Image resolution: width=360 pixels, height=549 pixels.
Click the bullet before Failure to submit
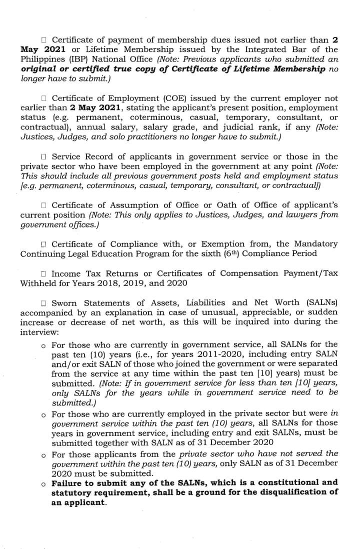[44, 483]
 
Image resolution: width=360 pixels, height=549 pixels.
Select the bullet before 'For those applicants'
[44, 454]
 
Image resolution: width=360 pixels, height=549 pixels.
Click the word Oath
[228, 205]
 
